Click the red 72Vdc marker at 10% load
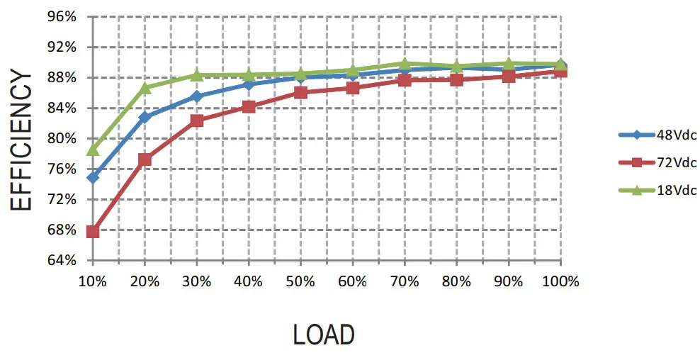pyautogui.click(x=92, y=231)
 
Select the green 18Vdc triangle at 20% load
pyautogui.click(x=145, y=88)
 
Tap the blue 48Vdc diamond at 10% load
pyautogui.click(x=92, y=177)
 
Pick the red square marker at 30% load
pyautogui.click(x=197, y=120)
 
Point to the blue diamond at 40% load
pyautogui.click(x=249, y=84)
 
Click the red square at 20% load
pyautogui.click(x=145, y=159)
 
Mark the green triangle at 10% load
pyautogui.click(x=92, y=150)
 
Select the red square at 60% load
pyautogui.click(x=353, y=88)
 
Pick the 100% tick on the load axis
pyautogui.click(x=561, y=281)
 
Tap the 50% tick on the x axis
pyautogui.click(x=300, y=281)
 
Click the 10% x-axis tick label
pyautogui.click(x=92, y=281)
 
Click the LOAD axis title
pyautogui.click(x=324, y=334)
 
